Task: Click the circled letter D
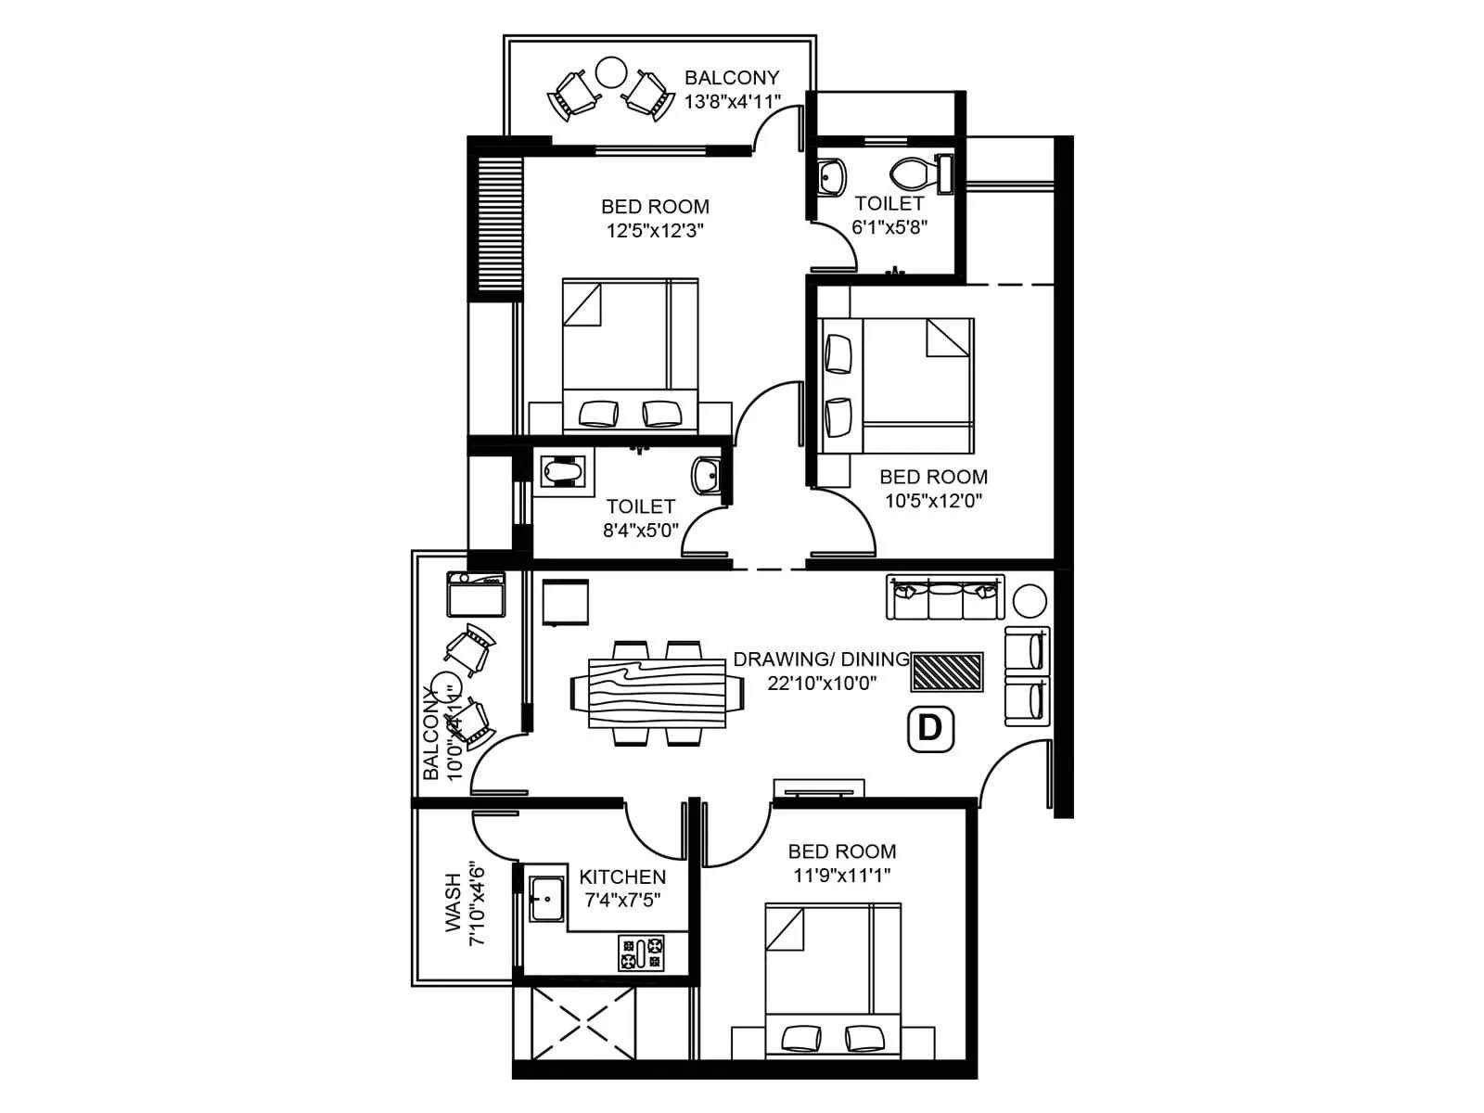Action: point(929,728)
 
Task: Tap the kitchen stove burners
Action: point(642,953)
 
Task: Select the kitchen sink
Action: point(545,897)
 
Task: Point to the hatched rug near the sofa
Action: point(947,672)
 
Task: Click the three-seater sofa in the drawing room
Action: point(945,597)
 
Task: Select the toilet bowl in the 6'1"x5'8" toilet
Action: point(914,173)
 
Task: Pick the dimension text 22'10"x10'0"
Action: point(822,683)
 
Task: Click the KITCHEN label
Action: point(622,876)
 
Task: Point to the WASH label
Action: point(453,902)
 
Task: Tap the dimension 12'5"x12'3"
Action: point(655,231)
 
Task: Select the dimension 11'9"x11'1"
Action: point(841,875)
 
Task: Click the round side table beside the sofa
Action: point(1030,601)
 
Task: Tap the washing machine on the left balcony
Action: point(475,595)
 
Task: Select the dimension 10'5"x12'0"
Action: point(933,501)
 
